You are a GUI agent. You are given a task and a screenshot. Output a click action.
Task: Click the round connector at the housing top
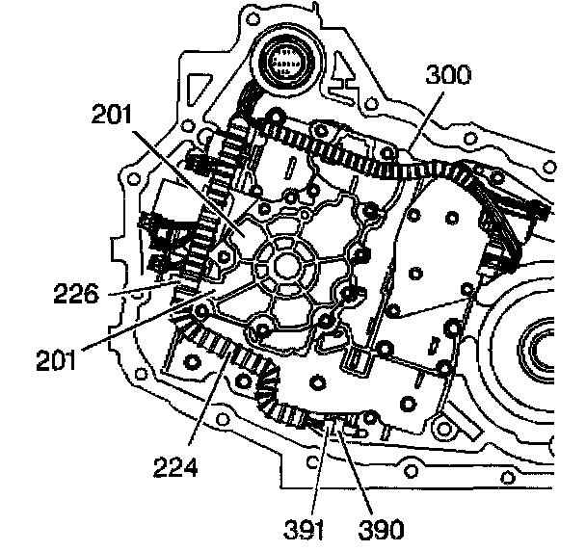pyautogui.click(x=285, y=64)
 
